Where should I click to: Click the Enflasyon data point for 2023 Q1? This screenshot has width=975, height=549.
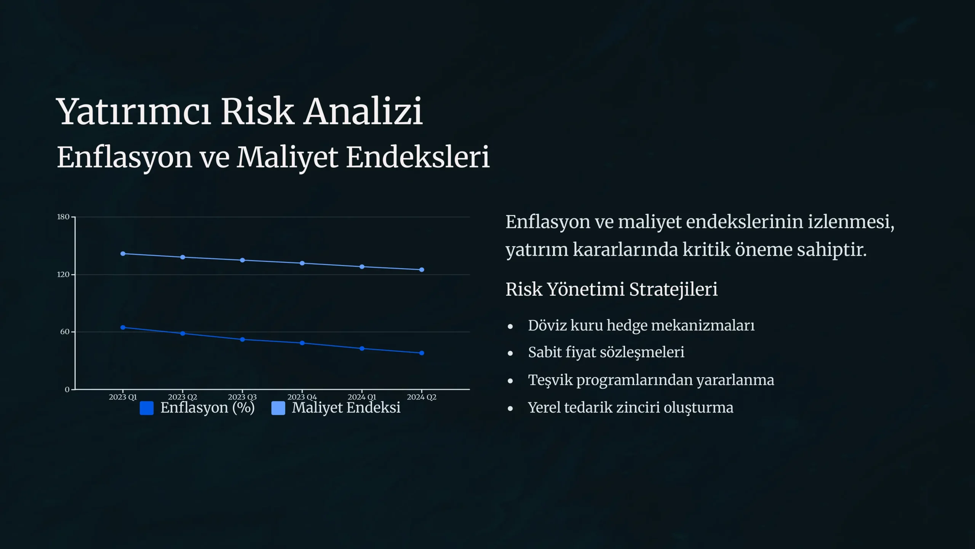[x=123, y=327]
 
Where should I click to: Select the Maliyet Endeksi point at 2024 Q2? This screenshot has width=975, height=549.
[x=422, y=270]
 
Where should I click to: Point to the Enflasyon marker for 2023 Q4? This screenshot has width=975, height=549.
[x=302, y=343]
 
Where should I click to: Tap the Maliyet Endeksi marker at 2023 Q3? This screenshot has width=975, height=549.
[x=242, y=260]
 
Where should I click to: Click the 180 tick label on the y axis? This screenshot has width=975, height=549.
[x=63, y=217]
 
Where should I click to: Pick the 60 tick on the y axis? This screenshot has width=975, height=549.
[x=65, y=332]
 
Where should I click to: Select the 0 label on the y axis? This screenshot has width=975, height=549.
[x=67, y=389]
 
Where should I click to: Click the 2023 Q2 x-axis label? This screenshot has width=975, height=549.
[x=182, y=397]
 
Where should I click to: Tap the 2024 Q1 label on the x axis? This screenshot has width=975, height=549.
[x=362, y=397]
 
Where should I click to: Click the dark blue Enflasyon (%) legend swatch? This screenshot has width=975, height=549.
[x=147, y=408]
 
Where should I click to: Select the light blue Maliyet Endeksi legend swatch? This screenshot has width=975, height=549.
[x=278, y=408]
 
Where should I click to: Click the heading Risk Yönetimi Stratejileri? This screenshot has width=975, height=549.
[x=612, y=289]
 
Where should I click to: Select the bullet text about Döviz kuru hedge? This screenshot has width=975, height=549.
[x=641, y=326]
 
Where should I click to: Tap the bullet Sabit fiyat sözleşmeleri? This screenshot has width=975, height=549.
[x=606, y=353]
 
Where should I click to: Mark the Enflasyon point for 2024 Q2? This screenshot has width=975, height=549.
[x=422, y=353]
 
